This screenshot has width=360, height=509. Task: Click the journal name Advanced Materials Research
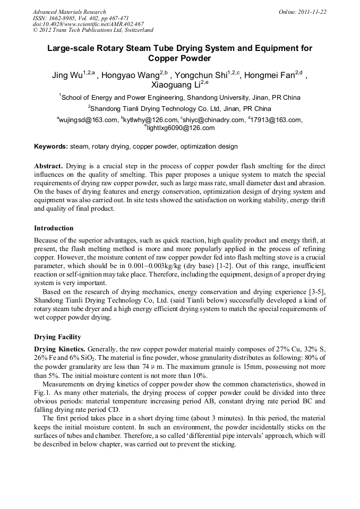coord(69,12)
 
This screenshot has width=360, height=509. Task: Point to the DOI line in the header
coord(88,24)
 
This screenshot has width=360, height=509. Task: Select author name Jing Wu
coord(67,75)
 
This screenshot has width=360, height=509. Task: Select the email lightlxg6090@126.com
coord(181,128)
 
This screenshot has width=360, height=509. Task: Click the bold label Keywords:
coord(51,146)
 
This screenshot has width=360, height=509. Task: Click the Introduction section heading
coord(54,228)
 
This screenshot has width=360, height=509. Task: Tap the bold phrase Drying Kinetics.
coord(59,349)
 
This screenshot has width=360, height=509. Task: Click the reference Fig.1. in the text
coord(43,392)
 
